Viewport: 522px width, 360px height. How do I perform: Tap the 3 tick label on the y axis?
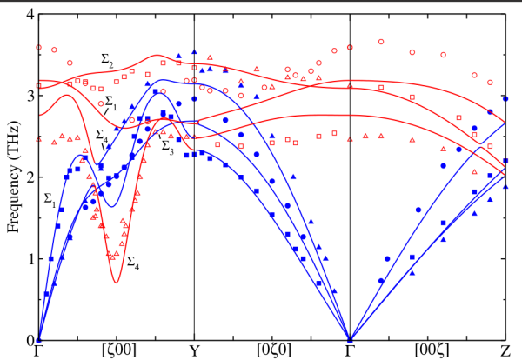point(28,96)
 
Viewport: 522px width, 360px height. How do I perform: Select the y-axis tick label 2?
point(28,177)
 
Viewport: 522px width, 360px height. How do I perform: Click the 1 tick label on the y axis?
point(28,259)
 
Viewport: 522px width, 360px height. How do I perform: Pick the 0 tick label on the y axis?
point(28,340)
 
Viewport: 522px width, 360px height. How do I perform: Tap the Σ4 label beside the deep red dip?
point(133,261)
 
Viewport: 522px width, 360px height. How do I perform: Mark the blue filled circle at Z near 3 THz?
point(505,99)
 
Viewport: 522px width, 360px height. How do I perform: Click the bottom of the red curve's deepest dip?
point(117,282)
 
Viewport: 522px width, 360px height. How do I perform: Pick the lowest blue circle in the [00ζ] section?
point(381,281)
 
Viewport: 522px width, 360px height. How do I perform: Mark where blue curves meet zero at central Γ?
point(350,340)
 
